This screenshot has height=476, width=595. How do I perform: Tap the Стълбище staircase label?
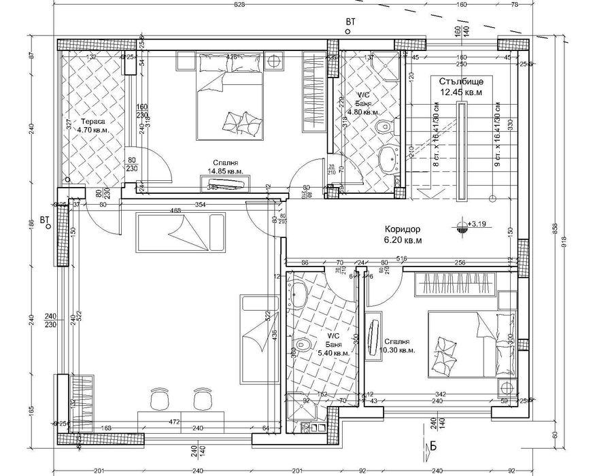pos(461,81)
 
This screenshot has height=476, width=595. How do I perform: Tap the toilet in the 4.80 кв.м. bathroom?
pos(386,126)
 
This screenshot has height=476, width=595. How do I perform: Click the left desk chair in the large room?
pos(160,399)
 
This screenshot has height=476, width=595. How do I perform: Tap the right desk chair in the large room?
pos(201,399)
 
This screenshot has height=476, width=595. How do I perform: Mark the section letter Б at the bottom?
pos(433,446)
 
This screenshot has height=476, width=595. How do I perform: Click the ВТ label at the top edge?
pos(350,22)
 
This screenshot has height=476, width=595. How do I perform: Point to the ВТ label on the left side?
pos(46,220)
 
